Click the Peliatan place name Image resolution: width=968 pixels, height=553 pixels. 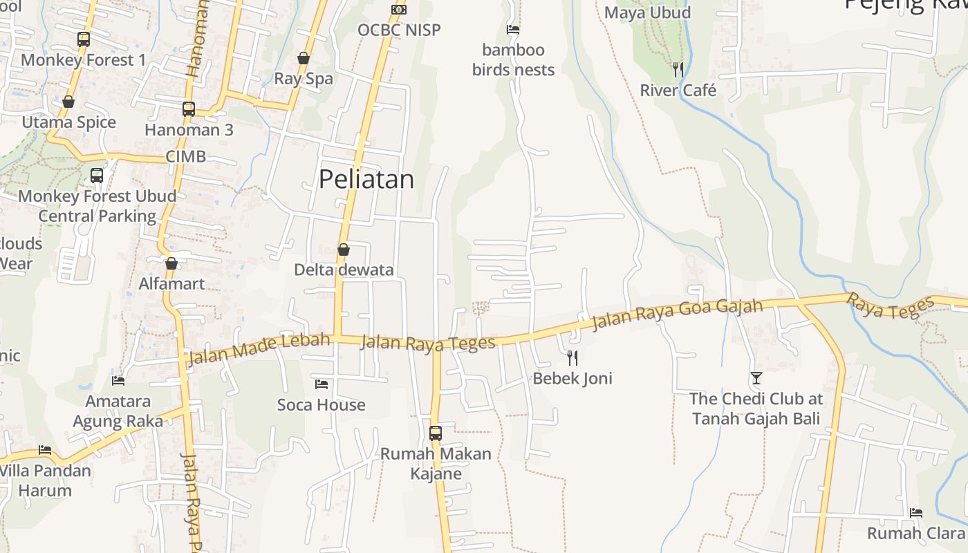(x=366, y=179)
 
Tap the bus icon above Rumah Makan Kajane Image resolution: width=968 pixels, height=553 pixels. (x=436, y=433)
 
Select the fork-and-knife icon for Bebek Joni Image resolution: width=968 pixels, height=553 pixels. (x=572, y=357)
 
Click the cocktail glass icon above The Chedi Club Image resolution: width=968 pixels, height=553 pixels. (x=756, y=378)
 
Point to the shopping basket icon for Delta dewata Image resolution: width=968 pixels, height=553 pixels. (x=344, y=250)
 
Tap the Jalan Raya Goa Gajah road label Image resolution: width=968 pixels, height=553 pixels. (x=678, y=315)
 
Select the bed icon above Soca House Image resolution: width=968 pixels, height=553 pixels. (x=322, y=384)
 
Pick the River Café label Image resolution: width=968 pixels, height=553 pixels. (x=678, y=91)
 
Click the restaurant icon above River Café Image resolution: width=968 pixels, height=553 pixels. (x=678, y=69)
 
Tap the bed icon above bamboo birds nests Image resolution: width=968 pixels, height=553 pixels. (x=513, y=30)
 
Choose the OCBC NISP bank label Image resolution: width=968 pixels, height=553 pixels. (x=399, y=30)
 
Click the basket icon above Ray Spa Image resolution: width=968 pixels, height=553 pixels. (x=304, y=58)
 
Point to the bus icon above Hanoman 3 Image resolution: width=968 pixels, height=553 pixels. (x=189, y=109)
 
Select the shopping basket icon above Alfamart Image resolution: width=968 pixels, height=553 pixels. (x=171, y=263)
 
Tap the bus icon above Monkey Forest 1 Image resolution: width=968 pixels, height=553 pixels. (x=84, y=39)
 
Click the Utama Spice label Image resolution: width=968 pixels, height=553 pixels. (x=69, y=122)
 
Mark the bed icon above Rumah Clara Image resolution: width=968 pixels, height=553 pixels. (x=916, y=512)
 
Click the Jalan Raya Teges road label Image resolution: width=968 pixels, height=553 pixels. (x=429, y=341)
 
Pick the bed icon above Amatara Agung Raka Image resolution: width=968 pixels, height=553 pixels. (x=118, y=380)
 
